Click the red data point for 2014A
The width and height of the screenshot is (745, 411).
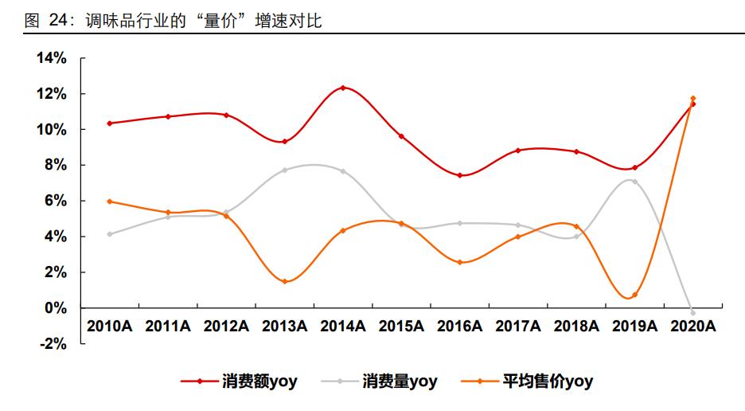(342, 88)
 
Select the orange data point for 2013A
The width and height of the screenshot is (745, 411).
(284, 281)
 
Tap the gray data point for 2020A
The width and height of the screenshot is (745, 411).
(692, 312)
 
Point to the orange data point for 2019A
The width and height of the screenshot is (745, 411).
(634, 295)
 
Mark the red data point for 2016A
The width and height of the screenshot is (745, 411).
(459, 175)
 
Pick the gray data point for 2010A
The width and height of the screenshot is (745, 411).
(109, 234)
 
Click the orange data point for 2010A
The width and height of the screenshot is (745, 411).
(109, 202)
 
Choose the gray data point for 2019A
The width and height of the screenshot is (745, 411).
(634, 182)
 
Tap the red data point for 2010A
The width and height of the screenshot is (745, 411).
(109, 123)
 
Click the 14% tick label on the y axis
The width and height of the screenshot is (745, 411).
(51, 58)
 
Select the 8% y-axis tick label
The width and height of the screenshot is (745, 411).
(55, 165)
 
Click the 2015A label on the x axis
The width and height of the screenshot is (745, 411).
(401, 326)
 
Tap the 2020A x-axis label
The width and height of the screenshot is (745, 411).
(693, 326)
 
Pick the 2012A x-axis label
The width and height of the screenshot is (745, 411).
(226, 326)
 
